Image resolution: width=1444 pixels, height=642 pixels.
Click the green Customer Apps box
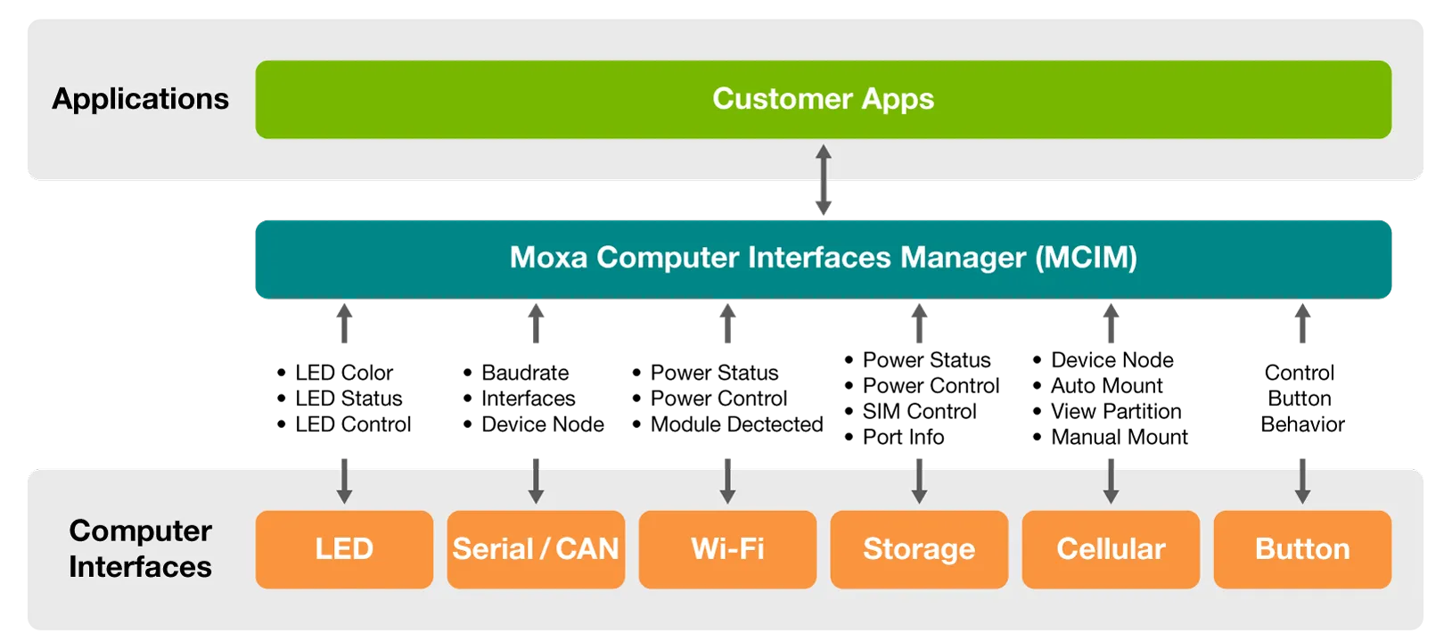pyautogui.click(x=823, y=99)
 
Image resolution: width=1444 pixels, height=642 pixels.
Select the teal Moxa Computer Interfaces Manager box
pyautogui.click(x=823, y=259)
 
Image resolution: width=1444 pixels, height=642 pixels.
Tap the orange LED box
pyautogui.click(x=344, y=549)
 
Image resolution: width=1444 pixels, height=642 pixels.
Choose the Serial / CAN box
pyautogui.click(x=536, y=549)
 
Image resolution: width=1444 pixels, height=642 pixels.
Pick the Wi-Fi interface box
pyautogui.click(x=727, y=549)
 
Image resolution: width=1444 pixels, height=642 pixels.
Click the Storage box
pyautogui.click(x=919, y=549)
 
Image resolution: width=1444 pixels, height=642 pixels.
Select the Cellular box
pyautogui.click(x=1111, y=549)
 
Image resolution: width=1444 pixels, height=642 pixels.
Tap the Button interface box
pyautogui.click(x=1302, y=549)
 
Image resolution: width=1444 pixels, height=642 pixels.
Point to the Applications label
pyautogui.click(x=140, y=99)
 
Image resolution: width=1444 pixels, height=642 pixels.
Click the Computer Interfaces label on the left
pyautogui.click(x=140, y=548)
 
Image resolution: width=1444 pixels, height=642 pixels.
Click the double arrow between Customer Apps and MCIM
pyautogui.click(x=824, y=181)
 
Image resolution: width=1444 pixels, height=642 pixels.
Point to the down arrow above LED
pyautogui.click(x=344, y=481)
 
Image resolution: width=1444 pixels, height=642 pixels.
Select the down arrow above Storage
pyautogui.click(x=919, y=481)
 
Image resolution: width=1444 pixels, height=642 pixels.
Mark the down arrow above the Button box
pyautogui.click(x=1302, y=481)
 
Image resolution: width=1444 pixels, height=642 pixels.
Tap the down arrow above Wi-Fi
pyautogui.click(x=727, y=481)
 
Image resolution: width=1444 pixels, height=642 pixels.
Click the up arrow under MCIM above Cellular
pyautogui.click(x=1111, y=324)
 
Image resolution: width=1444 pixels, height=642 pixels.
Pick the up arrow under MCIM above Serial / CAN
pyautogui.click(x=536, y=324)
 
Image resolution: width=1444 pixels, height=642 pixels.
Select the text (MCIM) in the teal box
pyautogui.click(x=1086, y=259)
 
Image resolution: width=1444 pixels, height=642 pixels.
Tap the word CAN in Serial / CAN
pyautogui.click(x=587, y=549)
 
